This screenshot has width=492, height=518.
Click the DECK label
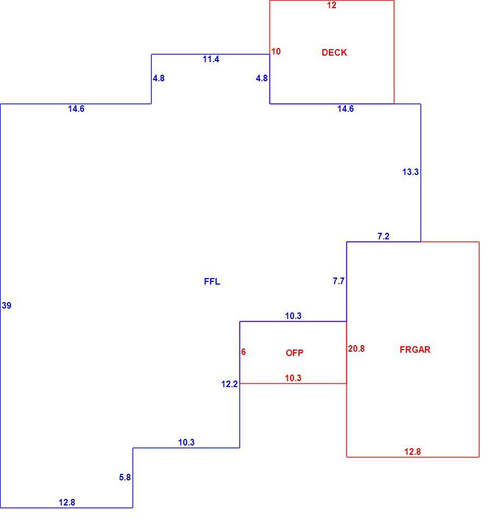(x=334, y=52)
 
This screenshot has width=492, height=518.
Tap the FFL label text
(x=212, y=281)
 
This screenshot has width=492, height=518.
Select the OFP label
(x=295, y=353)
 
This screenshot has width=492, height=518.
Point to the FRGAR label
(x=415, y=350)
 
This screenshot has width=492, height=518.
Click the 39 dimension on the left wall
(x=7, y=305)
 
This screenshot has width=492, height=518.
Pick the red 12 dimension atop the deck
(x=332, y=5)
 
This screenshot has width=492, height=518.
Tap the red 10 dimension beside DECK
(x=276, y=52)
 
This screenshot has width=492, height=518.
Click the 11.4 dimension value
(x=211, y=59)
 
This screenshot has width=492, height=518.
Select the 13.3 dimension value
(x=410, y=172)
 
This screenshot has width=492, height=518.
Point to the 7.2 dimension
(x=383, y=236)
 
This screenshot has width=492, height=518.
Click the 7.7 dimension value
(x=339, y=281)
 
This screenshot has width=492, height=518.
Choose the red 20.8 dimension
(x=356, y=349)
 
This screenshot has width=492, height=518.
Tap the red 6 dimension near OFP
(x=243, y=352)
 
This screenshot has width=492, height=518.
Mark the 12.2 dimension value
(x=230, y=384)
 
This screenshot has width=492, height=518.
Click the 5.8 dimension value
(x=125, y=477)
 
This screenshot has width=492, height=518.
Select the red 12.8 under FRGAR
(x=413, y=451)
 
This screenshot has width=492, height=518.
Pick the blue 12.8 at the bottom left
(x=67, y=503)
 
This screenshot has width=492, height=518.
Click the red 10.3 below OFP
(x=293, y=378)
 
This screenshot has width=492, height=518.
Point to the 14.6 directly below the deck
(x=346, y=109)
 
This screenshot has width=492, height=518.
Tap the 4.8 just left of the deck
(x=262, y=79)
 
